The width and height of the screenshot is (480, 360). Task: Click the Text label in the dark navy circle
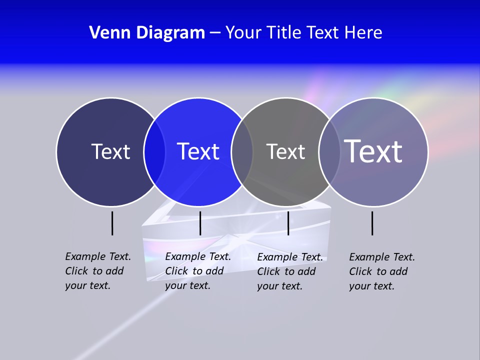pyautogui.click(x=110, y=151)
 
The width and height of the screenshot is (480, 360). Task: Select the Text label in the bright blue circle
pyautogui.click(x=198, y=151)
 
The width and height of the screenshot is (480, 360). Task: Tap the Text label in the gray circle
pyautogui.click(x=285, y=151)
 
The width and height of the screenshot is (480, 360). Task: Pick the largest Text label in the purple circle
pyautogui.click(x=373, y=151)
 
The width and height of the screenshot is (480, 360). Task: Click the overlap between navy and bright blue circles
pyautogui.click(x=154, y=151)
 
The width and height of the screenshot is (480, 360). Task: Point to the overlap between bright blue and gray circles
pyautogui.click(x=242, y=151)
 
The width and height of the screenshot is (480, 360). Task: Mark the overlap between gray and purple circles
pyautogui.click(x=329, y=151)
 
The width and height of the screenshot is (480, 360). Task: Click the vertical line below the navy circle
pyautogui.click(x=112, y=223)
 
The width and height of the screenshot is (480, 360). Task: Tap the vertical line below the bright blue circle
pyautogui.click(x=200, y=223)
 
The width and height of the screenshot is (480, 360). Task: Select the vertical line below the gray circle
pyautogui.click(x=288, y=223)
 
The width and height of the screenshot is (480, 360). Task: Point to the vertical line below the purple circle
pyautogui.click(x=372, y=223)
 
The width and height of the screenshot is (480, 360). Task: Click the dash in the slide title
pyautogui.click(x=215, y=33)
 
